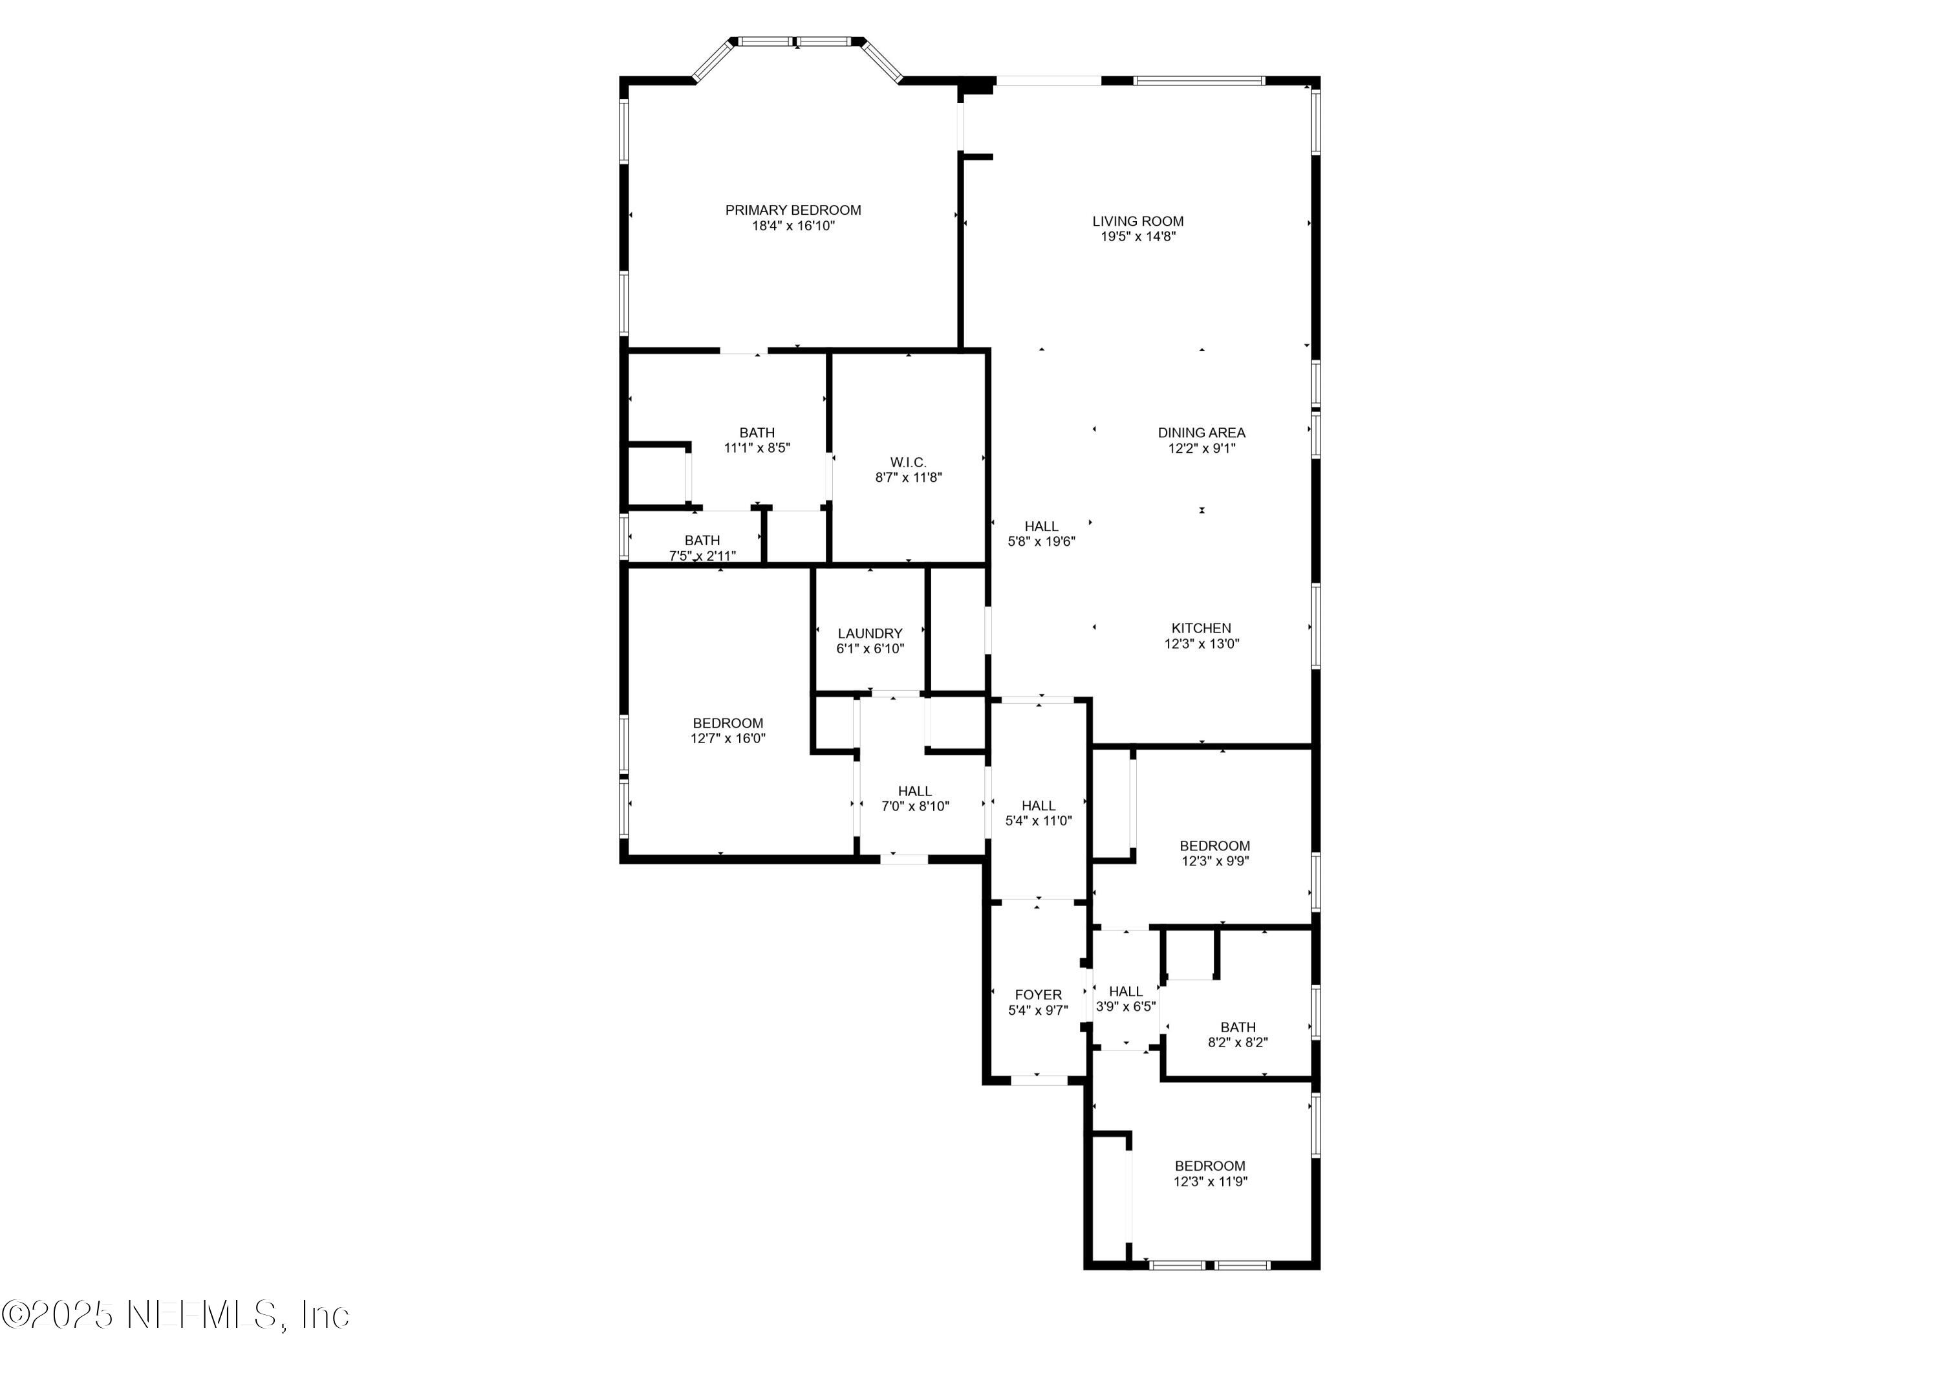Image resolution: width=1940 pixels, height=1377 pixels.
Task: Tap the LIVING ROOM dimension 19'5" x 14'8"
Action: [x=1137, y=237]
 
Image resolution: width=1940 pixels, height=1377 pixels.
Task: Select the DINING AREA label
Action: [x=1201, y=433]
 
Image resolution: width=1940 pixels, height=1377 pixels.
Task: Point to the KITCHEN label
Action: [x=1201, y=628]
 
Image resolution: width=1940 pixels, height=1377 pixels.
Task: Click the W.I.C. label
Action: [x=908, y=462]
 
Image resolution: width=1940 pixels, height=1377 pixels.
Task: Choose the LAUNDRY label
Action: [x=870, y=633]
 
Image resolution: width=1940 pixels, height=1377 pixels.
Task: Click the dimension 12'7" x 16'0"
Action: [x=727, y=739]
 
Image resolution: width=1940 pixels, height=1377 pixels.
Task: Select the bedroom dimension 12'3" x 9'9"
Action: [x=1214, y=861]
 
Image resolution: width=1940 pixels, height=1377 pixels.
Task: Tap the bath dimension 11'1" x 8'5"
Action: [x=756, y=448]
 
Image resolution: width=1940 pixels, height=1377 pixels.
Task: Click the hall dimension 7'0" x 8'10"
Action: [x=914, y=807]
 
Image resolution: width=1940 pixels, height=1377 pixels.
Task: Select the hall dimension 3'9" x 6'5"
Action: [x=1125, y=1006]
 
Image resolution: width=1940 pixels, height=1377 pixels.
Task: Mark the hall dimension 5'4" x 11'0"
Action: [x=1039, y=821]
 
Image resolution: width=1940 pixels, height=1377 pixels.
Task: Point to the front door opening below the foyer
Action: [x=1039, y=1080]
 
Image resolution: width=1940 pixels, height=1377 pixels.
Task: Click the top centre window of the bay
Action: [x=797, y=41]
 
